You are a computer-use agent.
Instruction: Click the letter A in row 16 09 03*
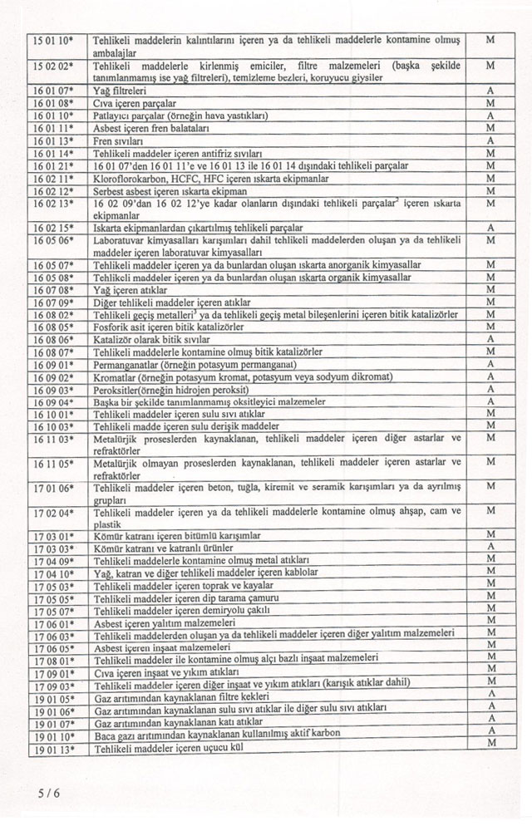(x=491, y=389)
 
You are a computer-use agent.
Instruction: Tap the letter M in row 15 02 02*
(x=491, y=65)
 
